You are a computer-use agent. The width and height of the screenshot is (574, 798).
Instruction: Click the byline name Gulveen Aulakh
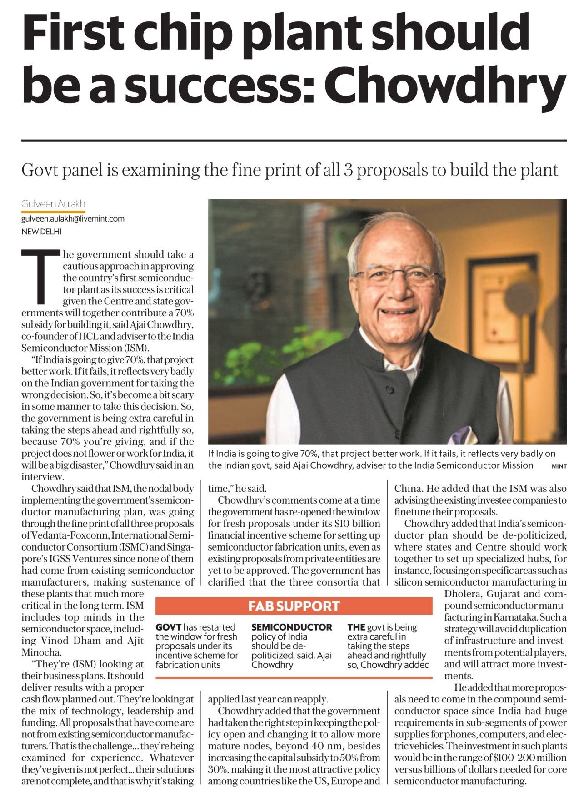pyautogui.click(x=53, y=204)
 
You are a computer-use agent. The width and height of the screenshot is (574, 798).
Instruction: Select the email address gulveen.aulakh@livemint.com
pyautogui.click(x=73, y=218)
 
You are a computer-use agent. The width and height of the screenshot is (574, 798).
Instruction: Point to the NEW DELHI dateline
pyautogui.click(x=41, y=231)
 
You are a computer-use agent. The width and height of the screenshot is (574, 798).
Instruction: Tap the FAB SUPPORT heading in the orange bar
pyautogui.click(x=294, y=606)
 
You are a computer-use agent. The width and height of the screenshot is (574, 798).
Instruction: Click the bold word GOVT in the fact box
pyautogui.click(x=169, y=627)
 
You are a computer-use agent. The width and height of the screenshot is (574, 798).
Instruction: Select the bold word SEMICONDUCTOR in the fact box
pyautogui.click(x=292, y=627)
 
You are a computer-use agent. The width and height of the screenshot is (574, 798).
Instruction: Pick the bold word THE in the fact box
pyautogui.click(x=356, y=627)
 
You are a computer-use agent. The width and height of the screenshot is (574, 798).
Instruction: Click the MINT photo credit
pyautogui.click(x=559, y=466)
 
